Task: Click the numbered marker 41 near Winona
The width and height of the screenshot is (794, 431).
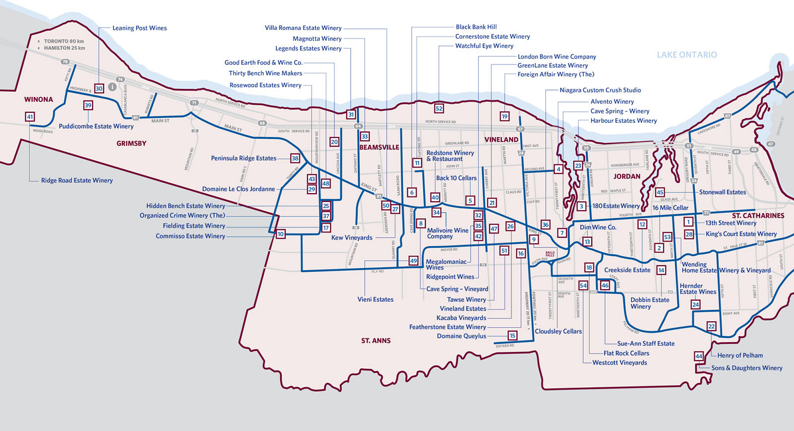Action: (x=29, y=116)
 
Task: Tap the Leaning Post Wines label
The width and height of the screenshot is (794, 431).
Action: (x=140, y=28)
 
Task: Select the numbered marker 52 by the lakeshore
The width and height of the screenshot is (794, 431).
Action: (x=439, y=108)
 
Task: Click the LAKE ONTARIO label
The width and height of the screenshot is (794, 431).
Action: (x=687, y=55)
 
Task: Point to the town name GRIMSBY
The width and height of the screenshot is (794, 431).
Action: (x=131, y=143)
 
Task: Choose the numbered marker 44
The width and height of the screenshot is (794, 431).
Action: (x=699, y=356)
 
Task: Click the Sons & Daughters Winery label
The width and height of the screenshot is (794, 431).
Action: (x=747, y=368)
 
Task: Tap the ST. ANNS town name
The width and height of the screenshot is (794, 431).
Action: (x=376, y=340)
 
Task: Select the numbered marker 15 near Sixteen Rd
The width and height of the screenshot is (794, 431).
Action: (x=512, y=336)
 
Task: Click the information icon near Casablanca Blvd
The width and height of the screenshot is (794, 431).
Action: (x=112, y=87)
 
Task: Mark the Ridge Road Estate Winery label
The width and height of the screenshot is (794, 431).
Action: (x=76, y=181)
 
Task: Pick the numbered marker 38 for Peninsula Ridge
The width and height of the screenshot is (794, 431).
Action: (x=295, y=158)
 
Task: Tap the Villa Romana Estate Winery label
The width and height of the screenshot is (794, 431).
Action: (x=303, y=28)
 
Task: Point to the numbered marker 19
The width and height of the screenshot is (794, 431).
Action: (x=504, y=116)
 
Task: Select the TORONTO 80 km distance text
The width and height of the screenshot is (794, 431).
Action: (x=64, y=41)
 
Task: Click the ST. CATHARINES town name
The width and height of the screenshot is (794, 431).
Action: (x=758, y=215)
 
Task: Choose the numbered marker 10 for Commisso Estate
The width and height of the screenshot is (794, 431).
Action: (x=281, y=234)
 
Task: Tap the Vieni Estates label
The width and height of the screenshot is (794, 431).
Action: (x=375, y=299)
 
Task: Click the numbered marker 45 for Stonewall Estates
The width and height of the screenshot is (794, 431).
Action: (x=660, y=192)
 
